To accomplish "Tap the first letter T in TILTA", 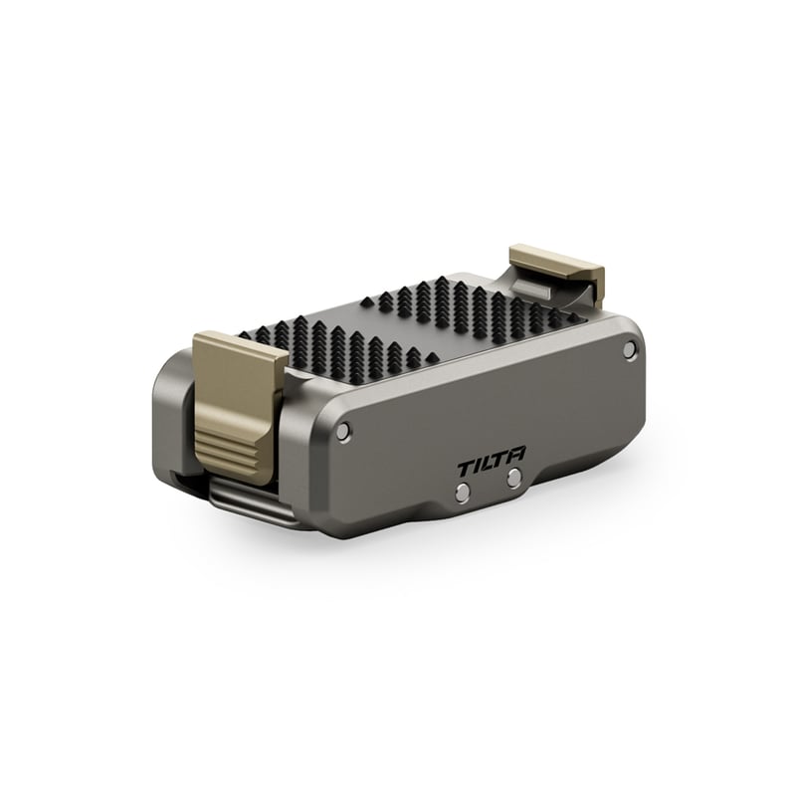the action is (466, 469).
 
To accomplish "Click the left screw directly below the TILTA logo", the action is (463, 492).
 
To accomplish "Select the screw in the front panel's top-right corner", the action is (630, 348).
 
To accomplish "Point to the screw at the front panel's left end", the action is (343, 432).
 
